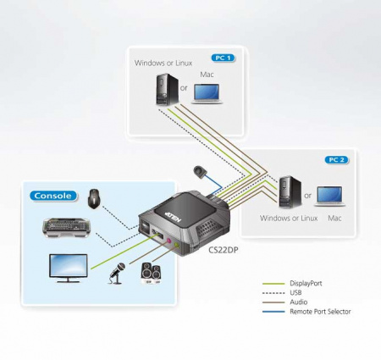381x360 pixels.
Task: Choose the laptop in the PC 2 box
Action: (x=333, y=196)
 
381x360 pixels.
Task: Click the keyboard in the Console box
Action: (x=68, y=230)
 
